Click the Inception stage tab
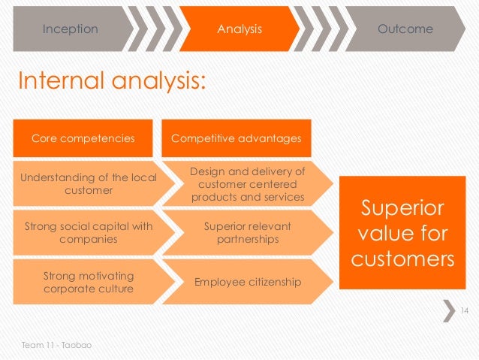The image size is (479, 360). click(70, 29)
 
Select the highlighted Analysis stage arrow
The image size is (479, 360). click(239, 29)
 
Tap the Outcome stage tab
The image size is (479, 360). click(405, 29)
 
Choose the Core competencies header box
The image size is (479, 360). click(83, 138)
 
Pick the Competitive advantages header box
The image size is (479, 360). click(236, 138)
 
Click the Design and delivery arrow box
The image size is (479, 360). click(247, 183)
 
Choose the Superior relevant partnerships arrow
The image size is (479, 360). click(247, 232)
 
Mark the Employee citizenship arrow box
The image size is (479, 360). click(247, 282)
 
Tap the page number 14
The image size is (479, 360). click(463, 310)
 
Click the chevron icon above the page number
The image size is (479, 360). click(449, 310)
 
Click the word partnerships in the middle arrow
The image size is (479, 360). click(247, 239)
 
